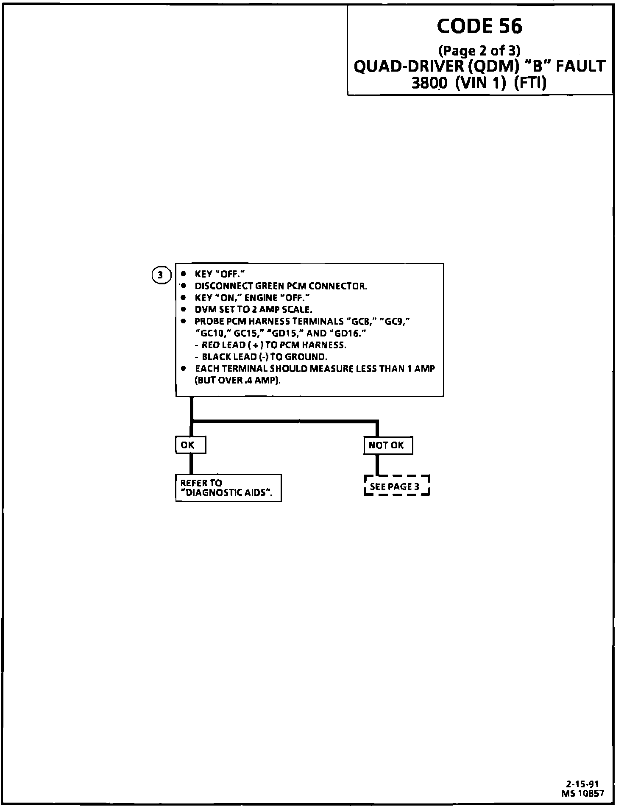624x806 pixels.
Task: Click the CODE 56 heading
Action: tap(479, 27)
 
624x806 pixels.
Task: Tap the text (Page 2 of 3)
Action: tap(479, 51)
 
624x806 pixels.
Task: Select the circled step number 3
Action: tap(160, 275)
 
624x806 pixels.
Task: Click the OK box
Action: tap(190, 445)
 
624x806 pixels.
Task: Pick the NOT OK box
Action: tap(388, 445)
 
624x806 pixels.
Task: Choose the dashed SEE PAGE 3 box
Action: tap(397, 486)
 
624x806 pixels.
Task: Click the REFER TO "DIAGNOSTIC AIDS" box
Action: tap(228, 488)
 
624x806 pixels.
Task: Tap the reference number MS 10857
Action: tap(583, 792)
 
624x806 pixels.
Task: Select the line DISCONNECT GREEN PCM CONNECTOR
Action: tap(281, 286)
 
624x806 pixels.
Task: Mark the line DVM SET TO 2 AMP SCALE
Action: tap(253, 309)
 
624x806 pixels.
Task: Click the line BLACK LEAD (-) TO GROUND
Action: tap(264, 357)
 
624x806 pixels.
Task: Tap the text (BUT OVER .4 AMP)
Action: tap(237, 380)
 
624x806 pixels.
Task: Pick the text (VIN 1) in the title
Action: tap(480, 83)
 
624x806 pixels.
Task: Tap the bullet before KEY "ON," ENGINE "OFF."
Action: tap(183, 297)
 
